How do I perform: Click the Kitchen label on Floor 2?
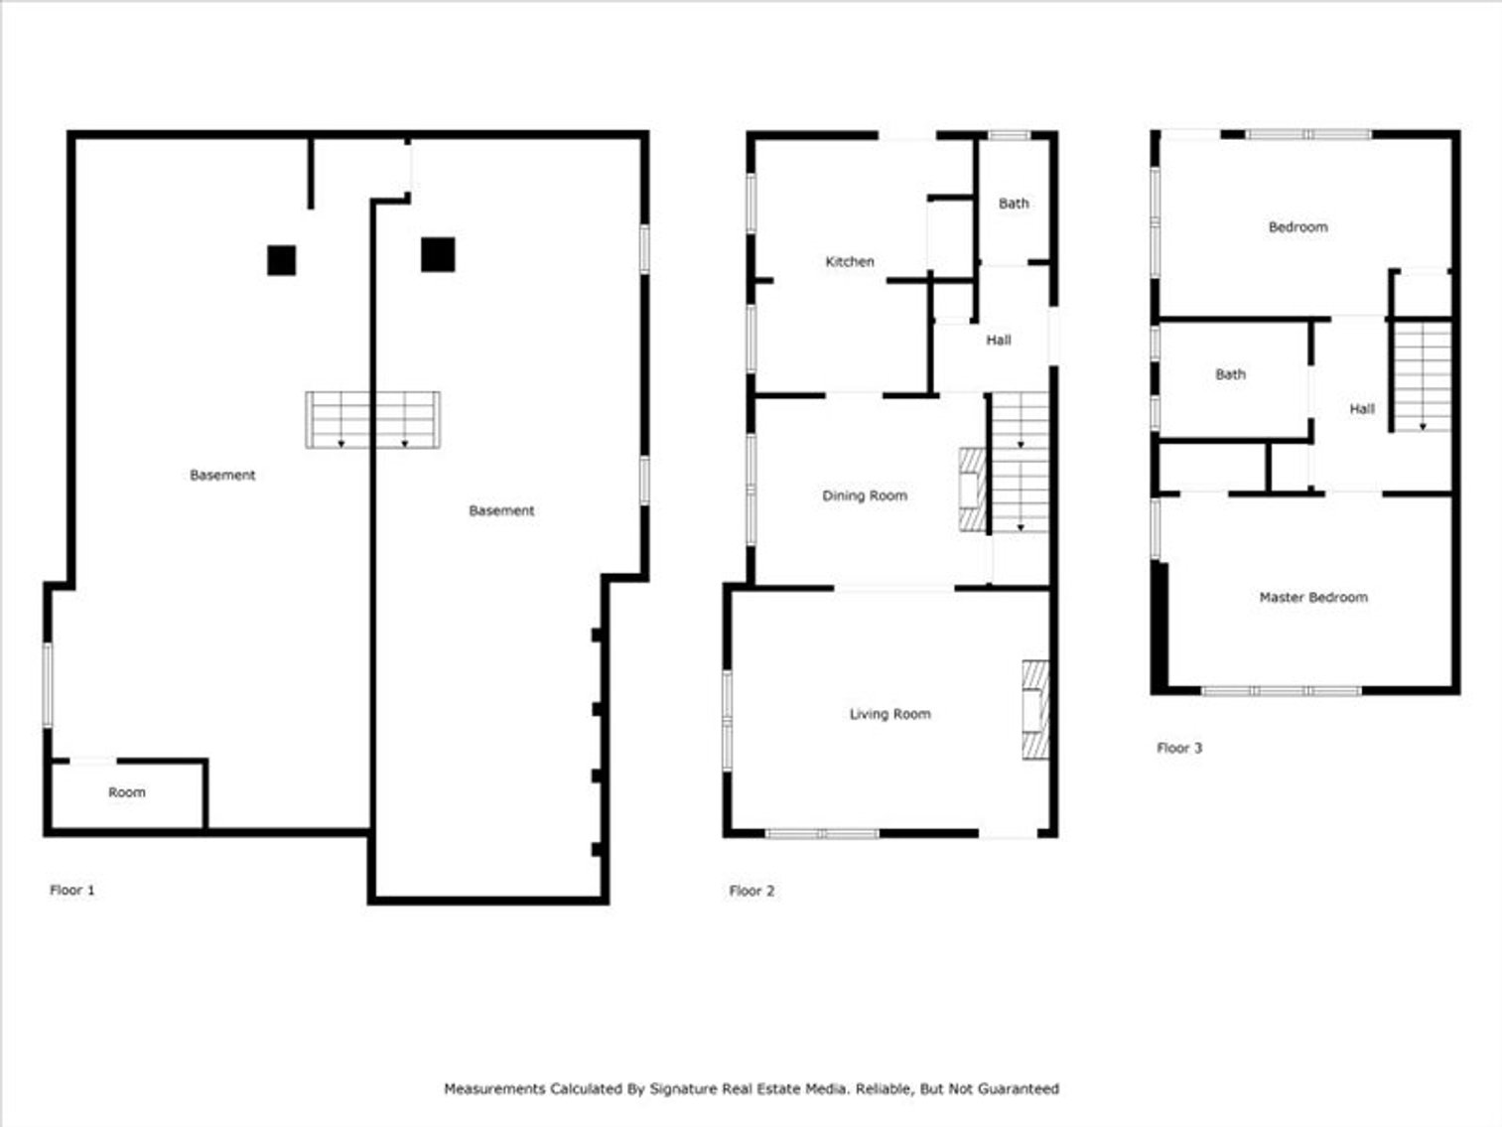pyautogui.click(x=850, y=262)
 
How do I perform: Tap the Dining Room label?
pyautogui.click(x=864, y=495)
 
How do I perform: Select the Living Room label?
pyautogui.click(x=889, y=714)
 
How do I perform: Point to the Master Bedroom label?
pyautogui.click(x=1312, y=598)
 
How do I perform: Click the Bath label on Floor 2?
pyautogui.click(x=1013, y=204)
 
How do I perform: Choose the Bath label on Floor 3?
pyautogui.click(x=1230, y=375)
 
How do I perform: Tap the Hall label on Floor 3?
pyautogui.click(x=1361, y=409)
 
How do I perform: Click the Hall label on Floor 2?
pyautogui.click(x=998, y=341)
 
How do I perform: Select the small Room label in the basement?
pyautogui.click(x=126, y=792)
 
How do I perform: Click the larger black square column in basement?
pyautogui.click(x=438, y=254)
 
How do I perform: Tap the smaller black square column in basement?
pyautogui.click(x=282, y=260)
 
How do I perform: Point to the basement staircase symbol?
pyautogui.click(x=372, y=420)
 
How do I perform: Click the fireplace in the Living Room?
pyautogui.click(x=1035, y=710)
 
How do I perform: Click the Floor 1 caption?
pyautogui.click(x=72, y=891)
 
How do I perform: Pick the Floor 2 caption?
pyautogui.click(x=751, y=891)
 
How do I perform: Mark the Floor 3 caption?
pyautogui.click(x=1178, y=748)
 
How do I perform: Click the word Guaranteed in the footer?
pyautogui.click(x=1019, y=1089)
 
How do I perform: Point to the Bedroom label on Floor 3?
pyautogui.click(x=1297, y=227)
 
